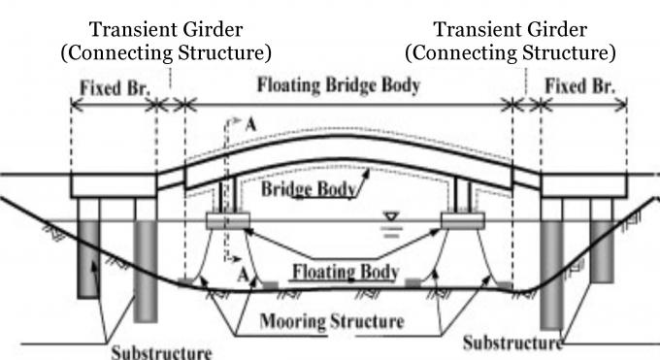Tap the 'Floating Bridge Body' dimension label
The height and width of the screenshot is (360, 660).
tap(339, 85)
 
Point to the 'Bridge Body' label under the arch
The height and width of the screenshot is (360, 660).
tap(313, 189)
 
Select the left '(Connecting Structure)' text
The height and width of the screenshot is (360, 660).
tap(166, 51)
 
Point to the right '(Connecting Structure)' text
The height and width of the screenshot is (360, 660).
tap(511, 51)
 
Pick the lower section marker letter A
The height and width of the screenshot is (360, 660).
tap(239, 276)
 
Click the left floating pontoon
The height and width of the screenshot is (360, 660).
tap(228, 220)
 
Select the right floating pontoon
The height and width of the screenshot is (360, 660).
tap(463, 220)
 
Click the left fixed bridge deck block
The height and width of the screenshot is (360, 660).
tap(115, 183)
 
